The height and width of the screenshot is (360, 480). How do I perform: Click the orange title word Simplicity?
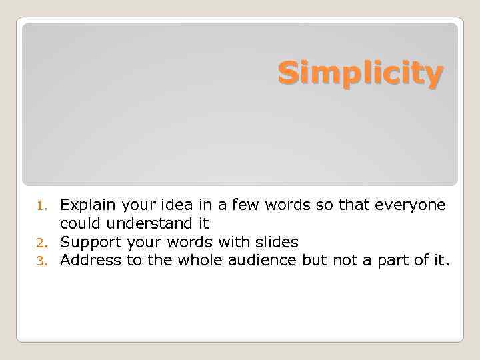360,73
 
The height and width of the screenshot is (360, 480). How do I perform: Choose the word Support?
87,242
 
